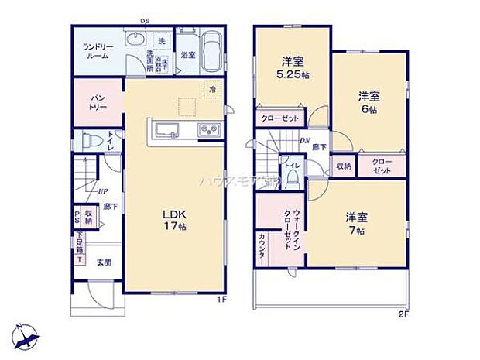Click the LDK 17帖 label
pos(175,221)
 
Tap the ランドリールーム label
pos(98,51)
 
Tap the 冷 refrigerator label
pos(211,90)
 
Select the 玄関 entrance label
pos(104,262)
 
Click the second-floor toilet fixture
pos(293,177)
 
